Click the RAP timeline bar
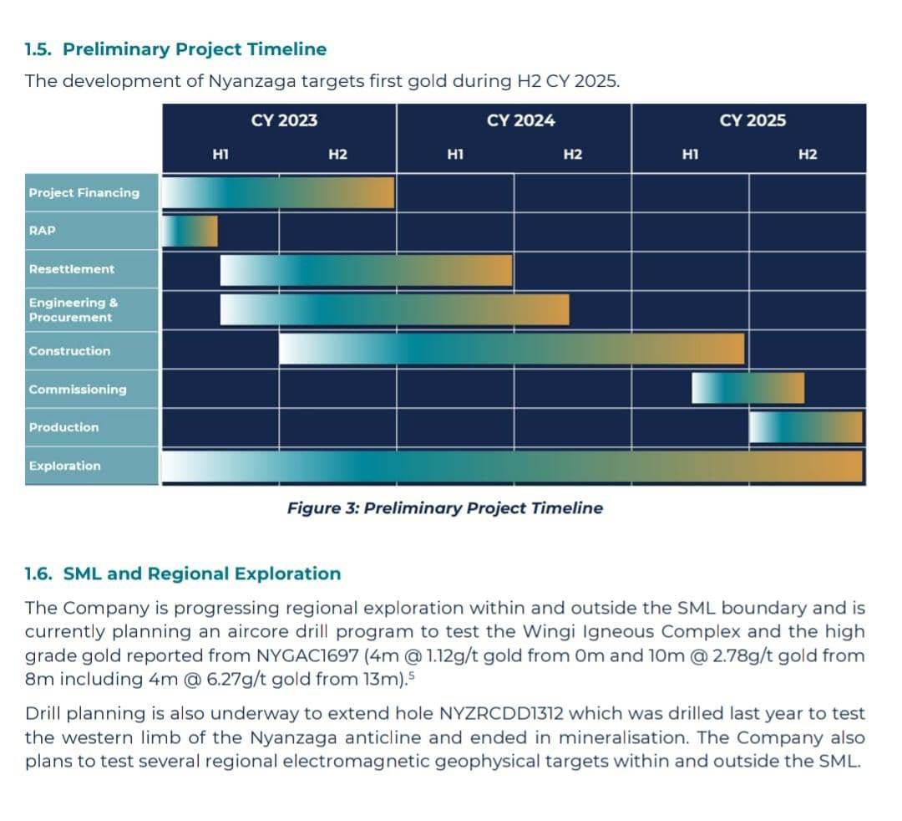pyautogui.click(x=190, y=231)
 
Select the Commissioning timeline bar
pyautogui.click(x=747, y=388)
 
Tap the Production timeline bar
pyautogui.click(x=806, y=427)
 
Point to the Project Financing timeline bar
pyautogui.click(x=278, y=192)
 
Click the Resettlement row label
pyautogui.click(x=72, y=269)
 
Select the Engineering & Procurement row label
pyautogui.click(x=73, y=309)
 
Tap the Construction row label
pyautogui.click(x=69, y=350)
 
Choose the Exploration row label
pyautogui.click(x=65, y=466)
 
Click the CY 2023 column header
pyautogui.click(x=284, y=120)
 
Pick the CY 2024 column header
pyautogui.click(x=520, y=120)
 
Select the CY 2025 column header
pyautogui.click(x=753, y=120)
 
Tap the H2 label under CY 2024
pyautogui.click(x=573, y=155)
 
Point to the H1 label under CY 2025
pyautogui.click(x=691, y=155)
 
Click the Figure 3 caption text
pyautogui.click(x=445, y=507)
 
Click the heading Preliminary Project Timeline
pyautogui.click(x=195, y=49)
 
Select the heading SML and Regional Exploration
pyautogui.click(x=202, y=574)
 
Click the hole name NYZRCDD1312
pyautogui.click(x=501, y=713)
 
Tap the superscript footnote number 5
pyautogui.click(x=411, y=675)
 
